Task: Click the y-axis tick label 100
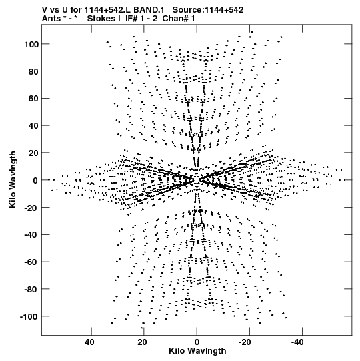click(x=31, y=44)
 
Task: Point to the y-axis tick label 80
click(x=33, y=71)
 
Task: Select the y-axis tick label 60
click(x=33, y=99)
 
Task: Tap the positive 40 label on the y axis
click(x=33, y=126)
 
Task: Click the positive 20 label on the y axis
click(x=33, y=153)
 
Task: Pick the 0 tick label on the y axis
click(x=35, y=180)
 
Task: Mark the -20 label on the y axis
click(x=32, y=208)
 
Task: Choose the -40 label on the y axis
click(x=32, y=235)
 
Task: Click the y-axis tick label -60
click(x=32, y=262)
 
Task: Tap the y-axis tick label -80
click(x=32, y=289)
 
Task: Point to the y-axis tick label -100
click(x=29, y=316)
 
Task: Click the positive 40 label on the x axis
click(x=89, y=342)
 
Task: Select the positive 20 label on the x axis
click(x=143, y=342)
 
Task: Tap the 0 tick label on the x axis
click(x=197, y=342)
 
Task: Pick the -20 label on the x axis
click(x=245, y=342)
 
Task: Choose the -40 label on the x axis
click(x=297, y=342)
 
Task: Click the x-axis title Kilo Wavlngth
click(x=197, y=350)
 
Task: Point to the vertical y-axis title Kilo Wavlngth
click(x=13, y=179)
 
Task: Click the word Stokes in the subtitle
click(x=103, y=19)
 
